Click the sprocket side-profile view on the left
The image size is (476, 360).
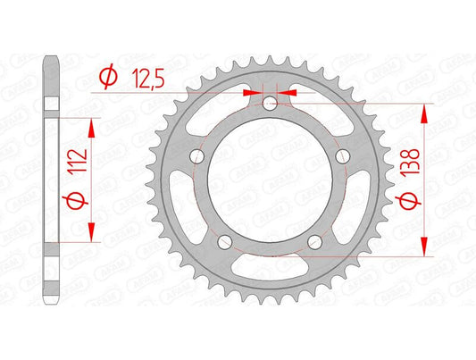tap(52, 179)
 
